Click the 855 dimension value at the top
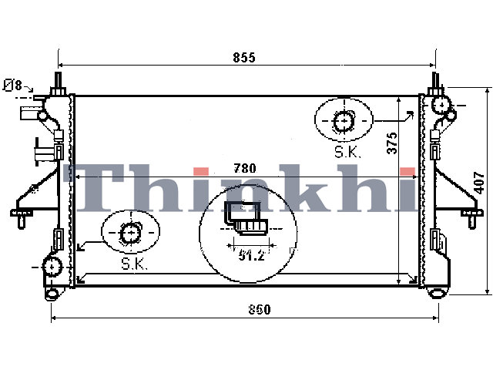(244, 58)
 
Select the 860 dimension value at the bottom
(260, 310)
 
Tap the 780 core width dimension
(245, 168)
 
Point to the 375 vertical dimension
(392, 143)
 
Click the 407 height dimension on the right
(479, 183)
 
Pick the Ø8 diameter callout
(13, 85)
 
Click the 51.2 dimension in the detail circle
(252, 255)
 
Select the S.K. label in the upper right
(347, 153)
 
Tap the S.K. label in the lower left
(135, 264)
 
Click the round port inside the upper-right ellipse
(344, 121)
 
